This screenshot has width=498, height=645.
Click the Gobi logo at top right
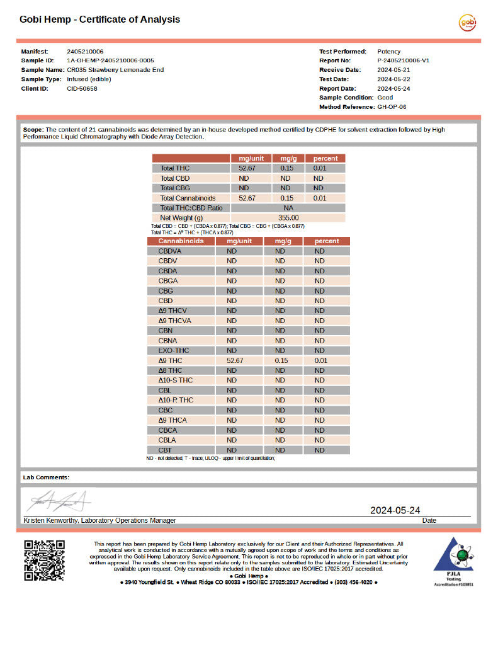(467, 23)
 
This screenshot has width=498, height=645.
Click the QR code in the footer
(44, 560)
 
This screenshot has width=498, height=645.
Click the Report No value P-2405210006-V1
(403, 60)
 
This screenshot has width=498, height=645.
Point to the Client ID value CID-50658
(82, 89)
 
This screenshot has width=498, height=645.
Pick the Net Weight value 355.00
(288, 217)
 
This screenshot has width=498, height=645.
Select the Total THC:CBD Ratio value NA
(288, 208)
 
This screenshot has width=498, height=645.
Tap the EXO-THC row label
(174, 350)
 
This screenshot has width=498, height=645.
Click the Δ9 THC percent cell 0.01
(320, 360)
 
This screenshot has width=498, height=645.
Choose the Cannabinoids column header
(181, 241)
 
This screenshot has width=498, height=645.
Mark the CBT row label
(166, 450)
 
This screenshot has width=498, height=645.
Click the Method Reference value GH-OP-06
(392, 107)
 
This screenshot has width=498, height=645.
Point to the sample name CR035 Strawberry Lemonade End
(115, 70)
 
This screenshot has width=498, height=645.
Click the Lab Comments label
(46, 477)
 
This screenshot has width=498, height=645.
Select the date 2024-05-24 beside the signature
(395, 510)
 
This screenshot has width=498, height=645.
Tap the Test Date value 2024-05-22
(393, 79)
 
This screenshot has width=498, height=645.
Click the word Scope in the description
(33, 129)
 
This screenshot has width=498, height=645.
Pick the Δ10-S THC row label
(176, 380)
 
